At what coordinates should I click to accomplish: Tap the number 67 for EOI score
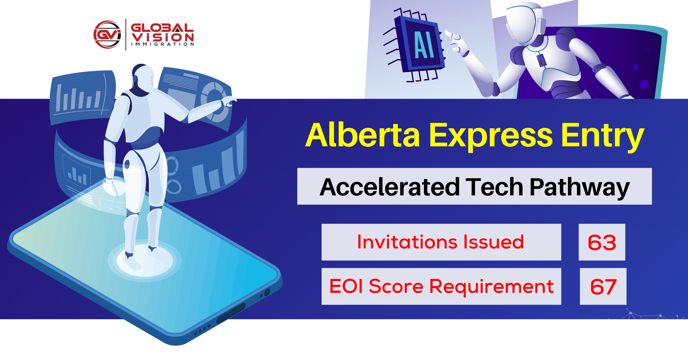603,287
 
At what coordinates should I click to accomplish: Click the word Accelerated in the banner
389,187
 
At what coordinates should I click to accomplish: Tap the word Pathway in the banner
580,188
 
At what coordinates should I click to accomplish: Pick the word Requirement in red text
491,287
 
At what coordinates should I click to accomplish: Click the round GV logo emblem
107,34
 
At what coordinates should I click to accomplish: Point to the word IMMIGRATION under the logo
162,44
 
